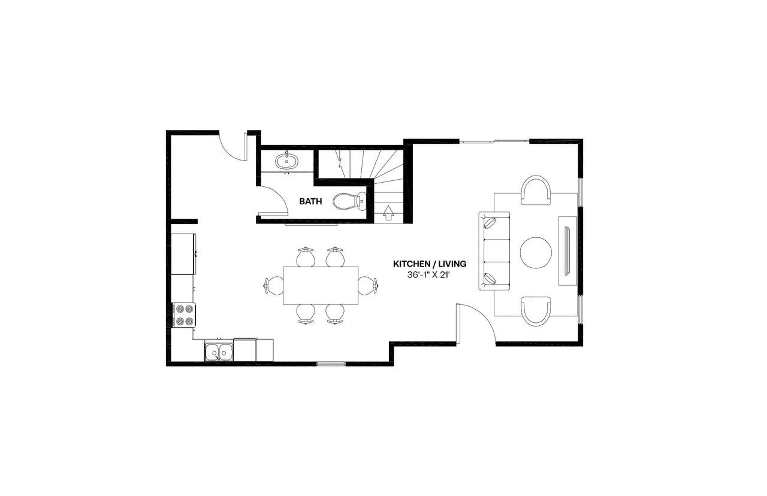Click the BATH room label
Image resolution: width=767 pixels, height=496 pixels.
click(x=310, y=202)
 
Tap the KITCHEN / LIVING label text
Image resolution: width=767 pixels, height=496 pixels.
click(x=429, y=264)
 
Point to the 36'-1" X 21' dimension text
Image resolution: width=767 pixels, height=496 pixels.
click(x=429, y=276)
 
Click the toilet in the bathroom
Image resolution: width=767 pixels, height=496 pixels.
click(x=349, y=201)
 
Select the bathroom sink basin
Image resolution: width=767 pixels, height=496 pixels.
click(x=286, y=161)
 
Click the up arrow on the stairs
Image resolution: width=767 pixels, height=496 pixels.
click(x=388, y=211)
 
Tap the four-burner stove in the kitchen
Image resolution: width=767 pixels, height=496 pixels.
click(x=184, y=315)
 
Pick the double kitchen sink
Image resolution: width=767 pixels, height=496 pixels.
click(x=219, y=352)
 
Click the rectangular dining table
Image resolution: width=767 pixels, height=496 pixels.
click(x=321, y=285)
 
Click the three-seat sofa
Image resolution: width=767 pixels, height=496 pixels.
click(x=494, y=252)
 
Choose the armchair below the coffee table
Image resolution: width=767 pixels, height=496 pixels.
click(x=536, y=311)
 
